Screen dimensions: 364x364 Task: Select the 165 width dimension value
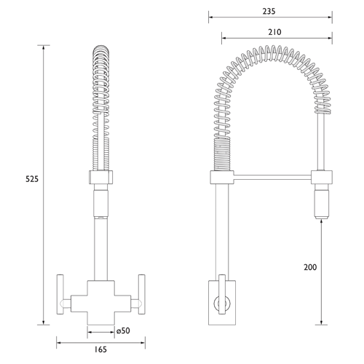click(x=100, y=350)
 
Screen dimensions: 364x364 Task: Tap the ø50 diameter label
click(x=123, y=331)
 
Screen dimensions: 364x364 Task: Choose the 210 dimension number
click(x=274, y=32)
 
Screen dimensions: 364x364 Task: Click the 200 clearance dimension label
click(x=310, y=268)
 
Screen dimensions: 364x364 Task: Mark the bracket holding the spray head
click(x=321, y=176)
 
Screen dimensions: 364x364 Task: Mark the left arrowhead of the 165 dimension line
click(x=58, y=340)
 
